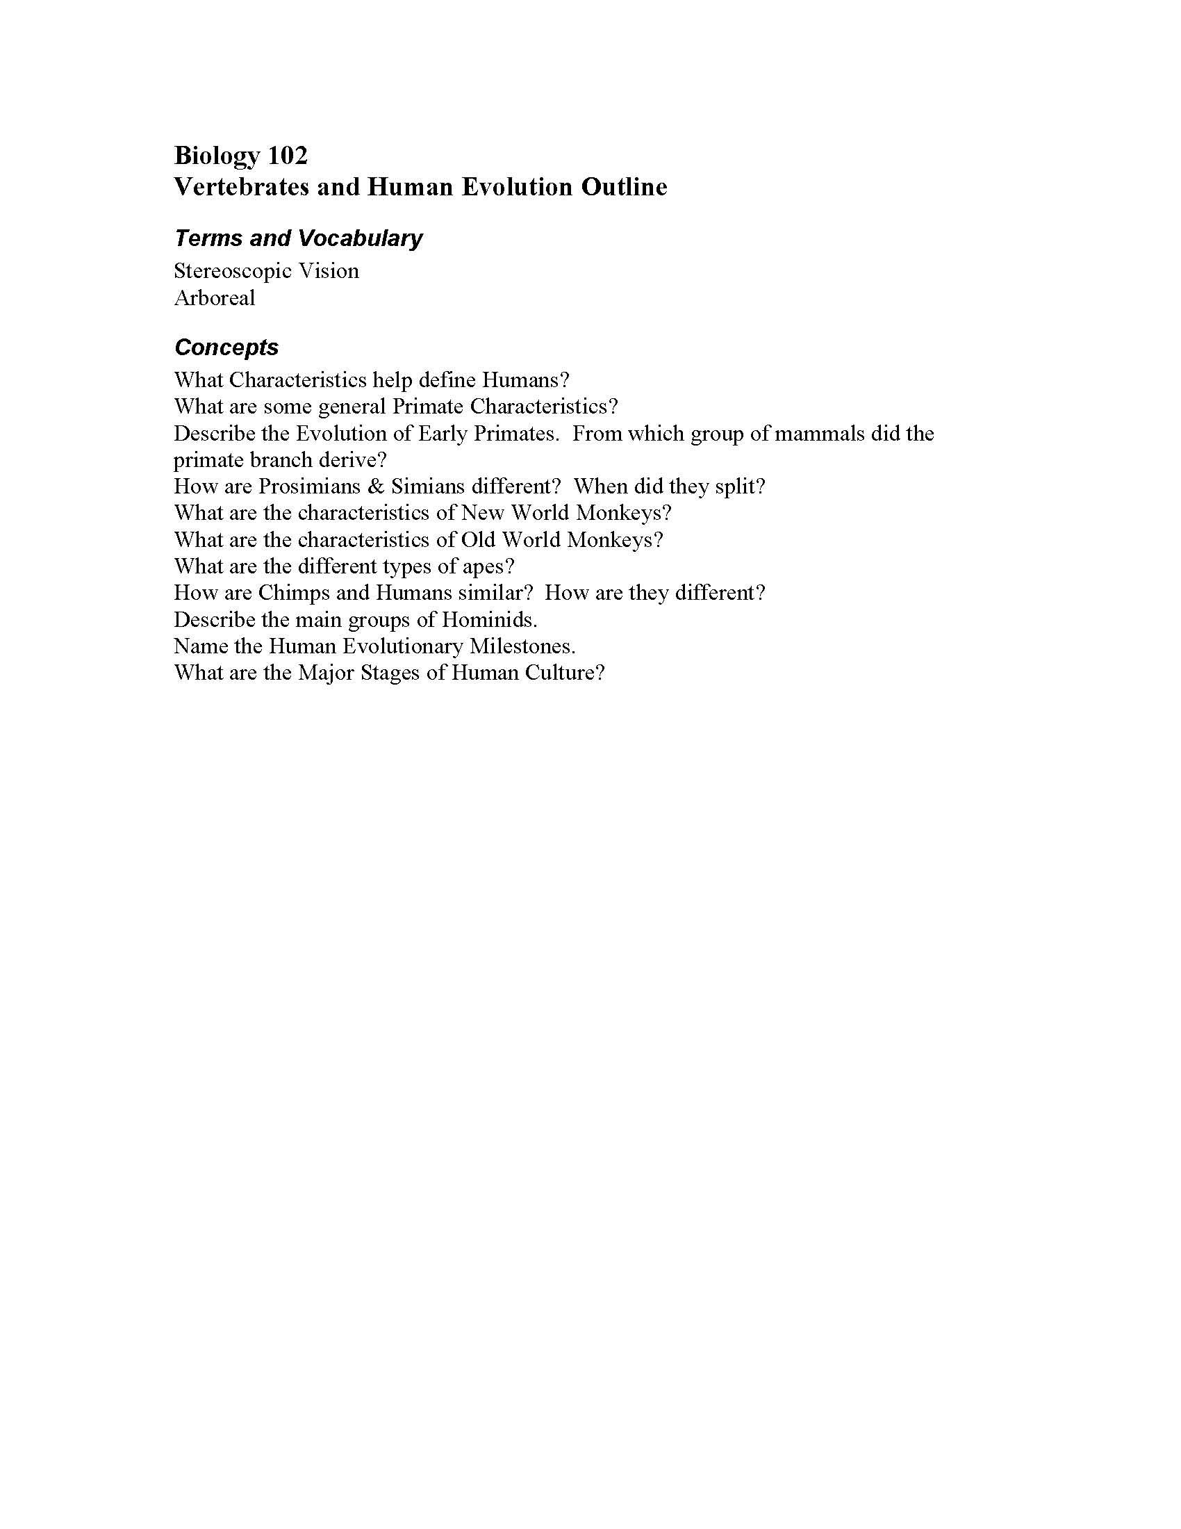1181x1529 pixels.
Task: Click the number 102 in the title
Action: click(x=288, y=156)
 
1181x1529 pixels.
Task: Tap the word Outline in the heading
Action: click(x=623, y=187)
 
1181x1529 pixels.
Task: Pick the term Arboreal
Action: click(x=214, y=298)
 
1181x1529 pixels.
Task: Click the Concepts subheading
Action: click(x=226, y=347)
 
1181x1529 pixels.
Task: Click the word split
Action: click(x=741, y=486)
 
